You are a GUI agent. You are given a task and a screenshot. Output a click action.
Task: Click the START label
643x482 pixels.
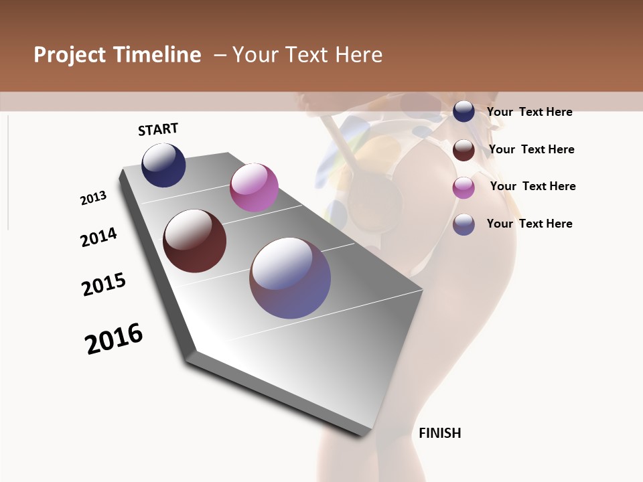[x=158, y=129]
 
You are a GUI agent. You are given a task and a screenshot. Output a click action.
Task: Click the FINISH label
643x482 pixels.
[x=439, y=433]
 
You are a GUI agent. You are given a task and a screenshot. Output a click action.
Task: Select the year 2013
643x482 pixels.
[x=93, y=198]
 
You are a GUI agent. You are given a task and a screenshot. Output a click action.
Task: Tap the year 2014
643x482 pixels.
[x=98, y=237]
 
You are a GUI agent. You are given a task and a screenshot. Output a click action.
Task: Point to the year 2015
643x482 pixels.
[x=104, y=285]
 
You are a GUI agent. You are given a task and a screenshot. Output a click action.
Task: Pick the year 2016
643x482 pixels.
[x=114, y=339]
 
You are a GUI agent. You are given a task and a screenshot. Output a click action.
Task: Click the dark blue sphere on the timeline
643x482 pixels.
[x=163, y=165]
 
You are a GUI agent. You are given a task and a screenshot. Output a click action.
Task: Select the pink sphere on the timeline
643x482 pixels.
[x=254, y=187]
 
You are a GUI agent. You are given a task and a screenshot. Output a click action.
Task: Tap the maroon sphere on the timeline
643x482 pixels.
[x=194, y=241]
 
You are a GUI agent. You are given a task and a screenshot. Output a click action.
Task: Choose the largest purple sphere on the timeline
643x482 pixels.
[x=290, y=278]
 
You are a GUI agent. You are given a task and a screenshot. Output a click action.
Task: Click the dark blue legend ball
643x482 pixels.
[x=463, y=112]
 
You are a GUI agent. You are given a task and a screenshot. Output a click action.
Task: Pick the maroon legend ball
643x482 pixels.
[x=463, y=150]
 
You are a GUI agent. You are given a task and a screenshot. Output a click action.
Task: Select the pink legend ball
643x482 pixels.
[x=463, y=187]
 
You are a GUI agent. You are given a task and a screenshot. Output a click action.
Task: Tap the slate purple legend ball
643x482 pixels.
[x=463, y=224]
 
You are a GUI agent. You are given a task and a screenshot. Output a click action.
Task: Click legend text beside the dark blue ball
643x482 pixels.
[x=529, y=112]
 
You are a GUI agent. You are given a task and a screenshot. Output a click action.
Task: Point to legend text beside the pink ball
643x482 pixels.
[x=532, y=186]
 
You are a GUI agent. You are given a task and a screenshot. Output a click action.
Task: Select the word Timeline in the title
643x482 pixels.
[x=157, y=55]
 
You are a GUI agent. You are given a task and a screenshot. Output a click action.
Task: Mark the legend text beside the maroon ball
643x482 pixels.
[x=531, y=149]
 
